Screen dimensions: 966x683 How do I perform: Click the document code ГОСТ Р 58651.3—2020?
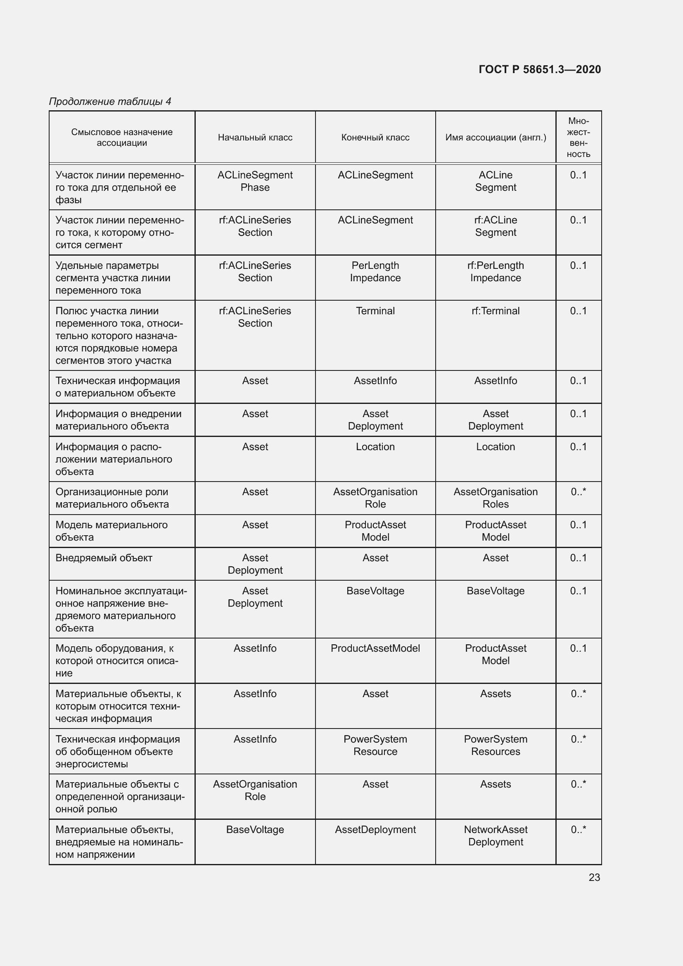point(540,69)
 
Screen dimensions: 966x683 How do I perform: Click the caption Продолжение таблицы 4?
point(110,102)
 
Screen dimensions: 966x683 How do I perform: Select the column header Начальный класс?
point(255,138)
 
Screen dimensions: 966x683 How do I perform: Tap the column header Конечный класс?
point(375,138)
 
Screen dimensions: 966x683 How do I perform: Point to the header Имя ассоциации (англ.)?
point(496,138)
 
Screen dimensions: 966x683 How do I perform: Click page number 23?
point(594,877)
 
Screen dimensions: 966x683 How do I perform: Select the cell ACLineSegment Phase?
point(255,181)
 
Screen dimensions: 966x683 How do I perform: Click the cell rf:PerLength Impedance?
point(496,272)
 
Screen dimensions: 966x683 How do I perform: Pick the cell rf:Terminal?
point(496,311)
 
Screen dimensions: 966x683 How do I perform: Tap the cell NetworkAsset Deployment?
point(496,836)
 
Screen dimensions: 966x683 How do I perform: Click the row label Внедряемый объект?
point(104,558)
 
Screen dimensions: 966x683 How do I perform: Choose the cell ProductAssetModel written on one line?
point(375,648)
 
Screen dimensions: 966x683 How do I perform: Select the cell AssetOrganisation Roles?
point(496,498)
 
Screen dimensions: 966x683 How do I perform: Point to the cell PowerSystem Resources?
point(496,745)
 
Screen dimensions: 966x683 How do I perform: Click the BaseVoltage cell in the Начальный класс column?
point(255,830)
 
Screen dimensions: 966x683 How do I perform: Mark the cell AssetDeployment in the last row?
point(375,830)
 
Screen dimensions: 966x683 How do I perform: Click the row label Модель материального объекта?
point(111,531)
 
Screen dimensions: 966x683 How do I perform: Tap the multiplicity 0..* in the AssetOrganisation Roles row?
point(578,492)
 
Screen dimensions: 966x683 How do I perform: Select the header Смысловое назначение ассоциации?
point(122,138)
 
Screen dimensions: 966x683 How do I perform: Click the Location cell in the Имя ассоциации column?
point(496,447)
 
